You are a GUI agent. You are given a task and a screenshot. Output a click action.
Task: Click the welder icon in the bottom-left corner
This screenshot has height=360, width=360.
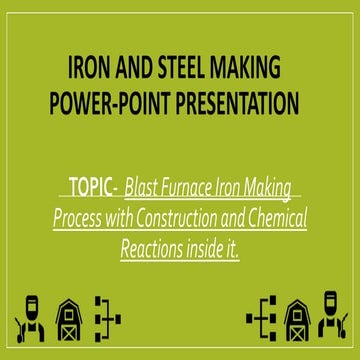[x=30, y=317]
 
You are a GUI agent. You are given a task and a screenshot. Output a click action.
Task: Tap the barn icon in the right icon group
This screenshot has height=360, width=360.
[x=296, y=318]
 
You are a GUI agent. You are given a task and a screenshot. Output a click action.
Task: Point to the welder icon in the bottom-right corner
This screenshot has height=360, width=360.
[x=330, y=317]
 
